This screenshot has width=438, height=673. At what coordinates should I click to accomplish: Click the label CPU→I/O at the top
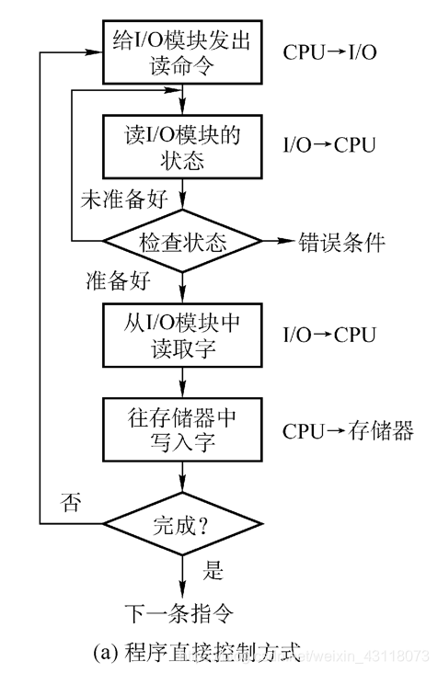click(329, 51)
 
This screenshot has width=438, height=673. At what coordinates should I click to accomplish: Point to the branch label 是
click(213, 572)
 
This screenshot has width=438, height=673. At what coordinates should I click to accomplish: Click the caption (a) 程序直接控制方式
click(197, 653)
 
